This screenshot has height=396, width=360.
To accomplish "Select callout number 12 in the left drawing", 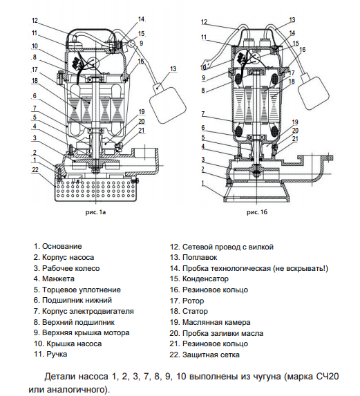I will [34, 21].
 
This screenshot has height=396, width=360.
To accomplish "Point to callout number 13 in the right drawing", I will [292, 20].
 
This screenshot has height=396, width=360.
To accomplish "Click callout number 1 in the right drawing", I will [202, 184].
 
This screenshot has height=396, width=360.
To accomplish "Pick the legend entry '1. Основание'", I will [57, 245].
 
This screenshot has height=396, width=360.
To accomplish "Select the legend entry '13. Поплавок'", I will [196, 256].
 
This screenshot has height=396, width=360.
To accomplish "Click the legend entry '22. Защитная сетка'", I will [205, 355].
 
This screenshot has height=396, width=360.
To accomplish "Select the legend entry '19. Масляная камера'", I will [210, 322].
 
